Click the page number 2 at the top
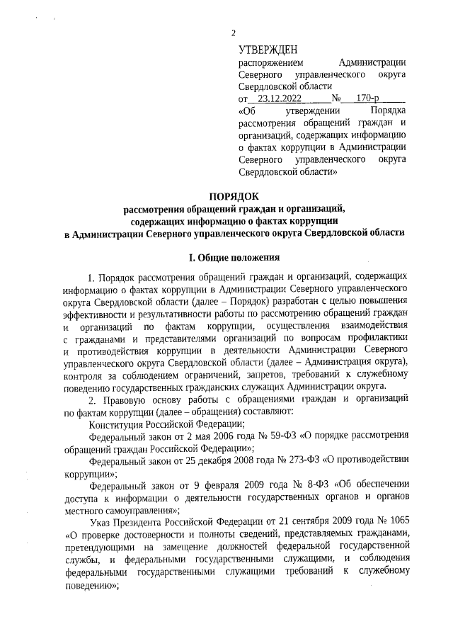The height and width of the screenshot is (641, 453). [x=232, y=33]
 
